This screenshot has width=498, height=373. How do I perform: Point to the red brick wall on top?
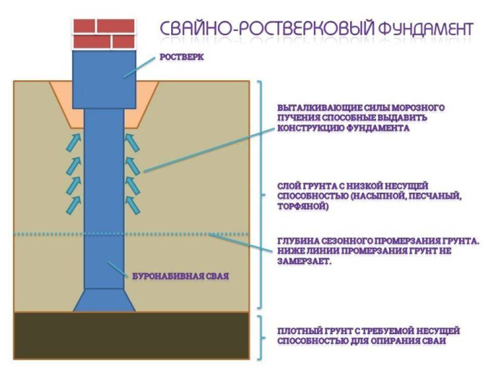pyautogui.click(x=103, y=34)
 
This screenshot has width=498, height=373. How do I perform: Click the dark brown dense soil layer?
pyautogui.click(x=131, y=336)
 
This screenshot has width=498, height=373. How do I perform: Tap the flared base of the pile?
pyautogui.click(x=104, y=301)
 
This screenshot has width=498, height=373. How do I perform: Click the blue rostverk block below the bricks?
pyautogui.click(x=103, y=78)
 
